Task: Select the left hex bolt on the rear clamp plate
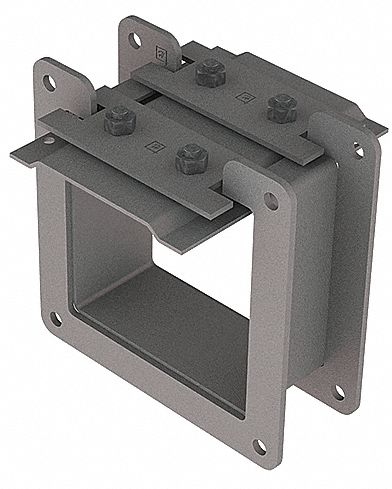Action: [209, 73]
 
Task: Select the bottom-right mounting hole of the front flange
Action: [259, 447]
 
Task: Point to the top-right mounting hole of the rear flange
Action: [357, 148]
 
